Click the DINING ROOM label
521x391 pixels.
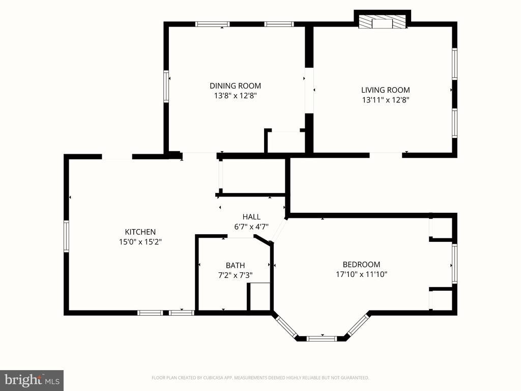(235, 86)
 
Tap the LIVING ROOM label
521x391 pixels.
(385, 90)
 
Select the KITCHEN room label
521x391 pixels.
(140, 232)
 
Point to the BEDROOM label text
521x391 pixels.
(361, 264)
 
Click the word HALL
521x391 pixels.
(251, 216)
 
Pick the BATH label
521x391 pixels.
(235, 265)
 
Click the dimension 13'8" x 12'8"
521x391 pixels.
(235, 95)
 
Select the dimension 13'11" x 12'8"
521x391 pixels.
(385, 100)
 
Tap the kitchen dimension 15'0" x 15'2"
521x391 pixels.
(140, 242)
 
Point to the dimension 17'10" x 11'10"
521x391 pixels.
(361, 274)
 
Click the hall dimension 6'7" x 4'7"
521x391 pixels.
(251, 227)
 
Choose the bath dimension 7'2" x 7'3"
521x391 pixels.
(235, 275)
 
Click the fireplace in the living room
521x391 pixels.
(382, 22)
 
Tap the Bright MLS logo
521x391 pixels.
(32, 380)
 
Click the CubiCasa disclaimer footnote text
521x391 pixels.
(260, 378)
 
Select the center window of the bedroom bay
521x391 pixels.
(322, 338)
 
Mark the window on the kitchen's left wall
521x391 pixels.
(66, 236)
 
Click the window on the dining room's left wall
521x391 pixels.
(166, 87)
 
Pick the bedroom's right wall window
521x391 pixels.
(454, 263)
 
